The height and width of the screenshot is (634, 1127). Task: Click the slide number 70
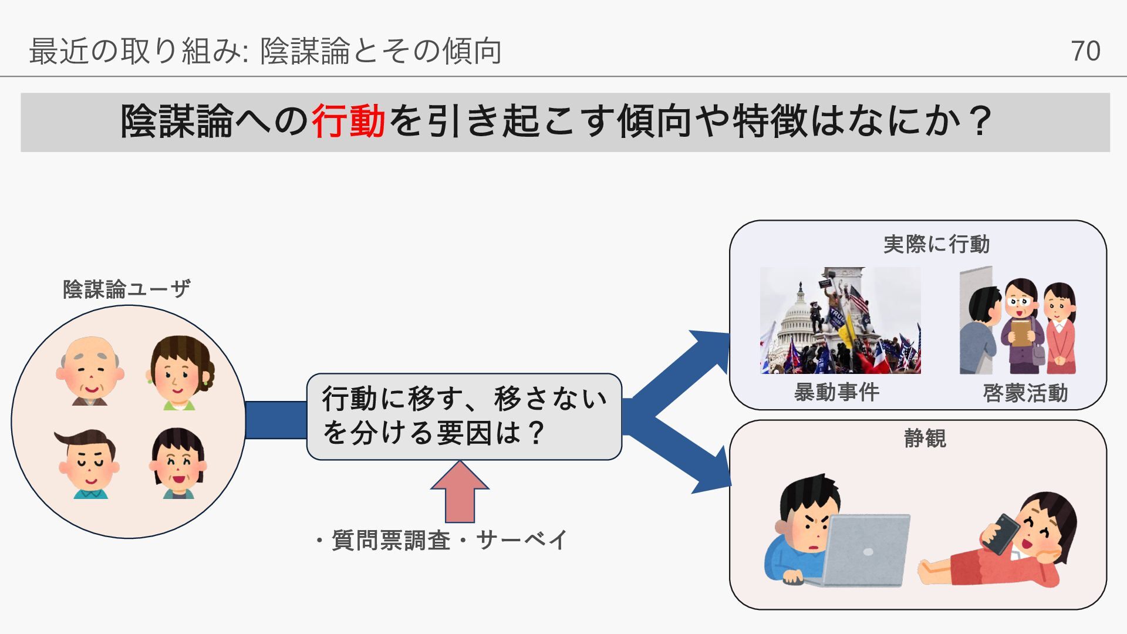pos(1085,51)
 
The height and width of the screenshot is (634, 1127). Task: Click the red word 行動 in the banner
pos(348,122)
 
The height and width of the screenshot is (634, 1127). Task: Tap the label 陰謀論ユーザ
pos(126,289)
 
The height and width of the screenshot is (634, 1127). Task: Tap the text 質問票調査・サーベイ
pos(441,540)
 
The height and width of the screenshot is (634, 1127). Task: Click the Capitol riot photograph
pos(840,321)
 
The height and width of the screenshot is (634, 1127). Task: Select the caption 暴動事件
pos(836,392)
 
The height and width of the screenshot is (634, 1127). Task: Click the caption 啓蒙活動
pos(1025,393)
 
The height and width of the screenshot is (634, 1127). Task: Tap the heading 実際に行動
pos(936,244)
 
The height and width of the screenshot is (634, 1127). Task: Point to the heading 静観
pos(924,439)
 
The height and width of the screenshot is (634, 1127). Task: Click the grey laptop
pos(866,551)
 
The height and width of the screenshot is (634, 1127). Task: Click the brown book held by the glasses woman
pos(1021,332)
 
